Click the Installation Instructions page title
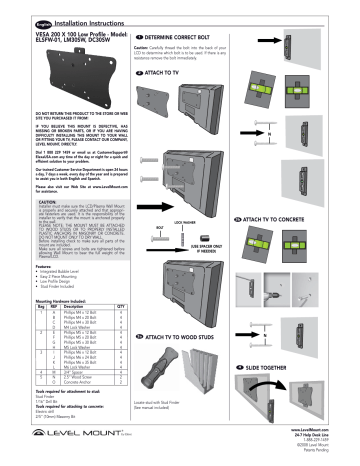(81, 9)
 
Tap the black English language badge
(20, 9)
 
